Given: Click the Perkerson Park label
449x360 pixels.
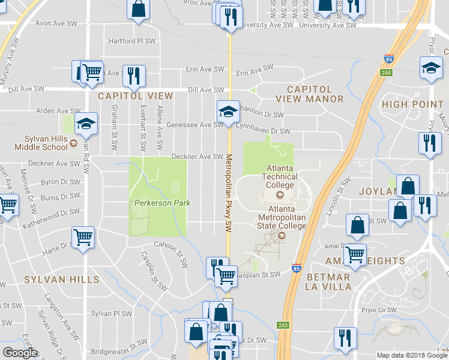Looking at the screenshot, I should [161, 203].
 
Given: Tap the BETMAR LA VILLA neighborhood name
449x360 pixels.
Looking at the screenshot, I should [328, 281].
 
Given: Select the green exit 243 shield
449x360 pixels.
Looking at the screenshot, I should [283, 325].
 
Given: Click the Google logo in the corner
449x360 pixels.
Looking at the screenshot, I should [20, 353].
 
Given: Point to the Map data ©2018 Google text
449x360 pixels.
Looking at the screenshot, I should [412, 355].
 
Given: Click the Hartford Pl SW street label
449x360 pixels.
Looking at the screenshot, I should [131, 41].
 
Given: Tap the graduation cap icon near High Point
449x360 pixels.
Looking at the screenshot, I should [431, 67].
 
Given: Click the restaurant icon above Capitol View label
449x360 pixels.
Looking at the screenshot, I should [133, 75].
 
